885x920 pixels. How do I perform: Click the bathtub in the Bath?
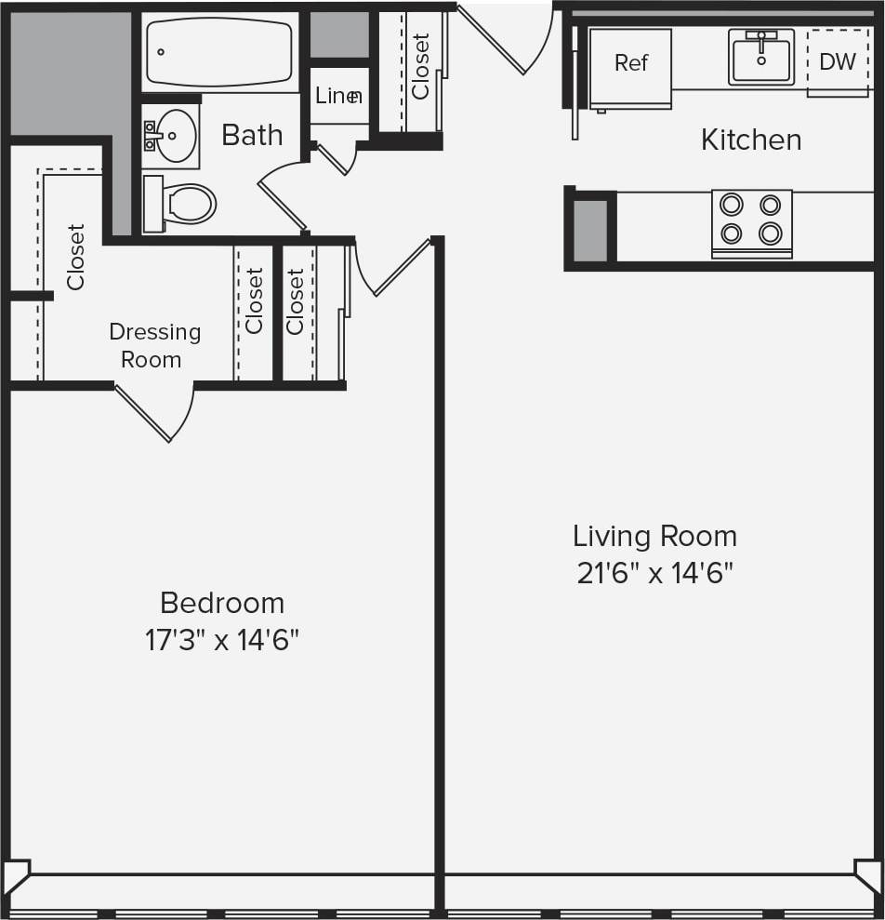pos(219,52)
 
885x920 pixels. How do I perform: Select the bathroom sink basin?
pos(174,136)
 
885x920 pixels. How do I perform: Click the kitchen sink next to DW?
pos(761,57)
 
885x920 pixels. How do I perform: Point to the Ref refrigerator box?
pos(630,68)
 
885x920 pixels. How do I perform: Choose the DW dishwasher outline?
pos(838,62)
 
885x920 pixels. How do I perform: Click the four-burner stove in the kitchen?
pos(751,221)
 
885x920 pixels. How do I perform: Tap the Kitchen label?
pos(751,140)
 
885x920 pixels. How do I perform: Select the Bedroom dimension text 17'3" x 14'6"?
pos(221,640)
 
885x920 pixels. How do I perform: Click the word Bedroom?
pos(222,603)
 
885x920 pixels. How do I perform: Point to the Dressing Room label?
pos(154,346)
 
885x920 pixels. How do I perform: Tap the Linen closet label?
pos(338,96)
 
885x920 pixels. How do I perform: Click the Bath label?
pos(251,136)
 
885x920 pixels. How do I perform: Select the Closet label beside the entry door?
pos(421,67)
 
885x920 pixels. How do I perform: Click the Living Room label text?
pos(654,537)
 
